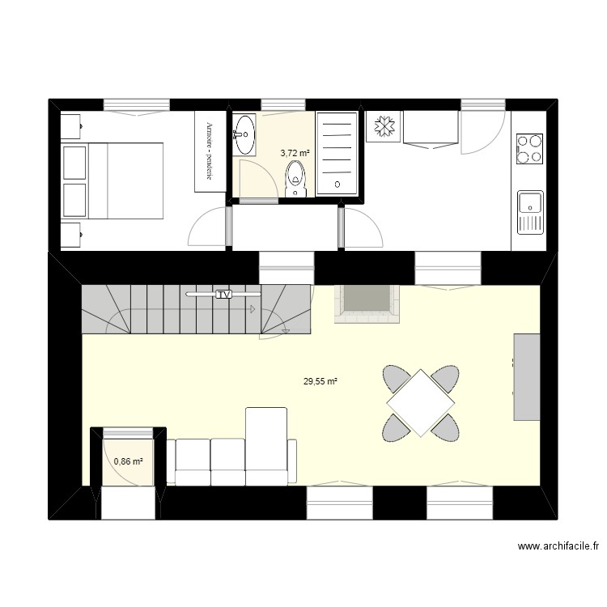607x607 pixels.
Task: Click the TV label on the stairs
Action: tap(224, 295)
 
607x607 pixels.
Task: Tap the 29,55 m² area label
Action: tap(320, 382)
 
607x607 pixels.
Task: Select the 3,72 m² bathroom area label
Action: tap(295, 151)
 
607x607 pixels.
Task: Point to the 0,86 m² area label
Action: tap(129, 461)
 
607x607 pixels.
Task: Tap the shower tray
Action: tap(336, 153)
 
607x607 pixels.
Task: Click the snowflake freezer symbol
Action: tap(384, 127)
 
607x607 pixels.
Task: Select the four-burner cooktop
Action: tap(530, 148)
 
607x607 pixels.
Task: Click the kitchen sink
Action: tap(530, 210)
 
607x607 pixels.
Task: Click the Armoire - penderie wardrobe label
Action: tap(210, 151)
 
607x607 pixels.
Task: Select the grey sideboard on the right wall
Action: tap(527, 376)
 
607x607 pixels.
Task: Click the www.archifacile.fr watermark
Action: tap(558, 547)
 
